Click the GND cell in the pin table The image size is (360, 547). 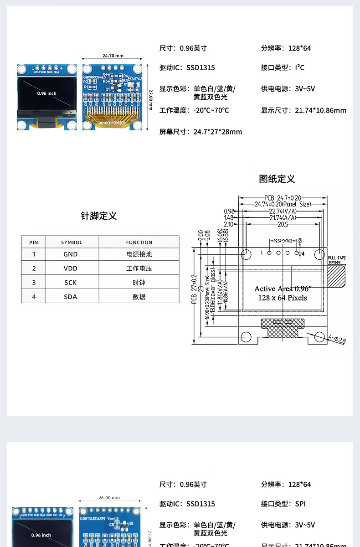pyautogui.click(x=70, y=254)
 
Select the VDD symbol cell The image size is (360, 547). pyautogui.click(x=70, y=268)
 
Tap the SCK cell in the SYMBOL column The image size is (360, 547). pyautogui.click(x=70, y=283)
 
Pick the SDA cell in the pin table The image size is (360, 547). pyautogui.click(x=70, y=297)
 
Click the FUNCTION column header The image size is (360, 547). pyautogui.click(x=139, y=243)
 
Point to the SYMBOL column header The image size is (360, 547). pyautogui.click(x=72, y=243)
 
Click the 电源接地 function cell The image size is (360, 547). pyautogui.click(x=139, y=254)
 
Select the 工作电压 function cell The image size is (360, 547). pyautogui.click(x=139, y=268)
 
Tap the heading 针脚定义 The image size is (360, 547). pyautogui.click(x=99, y=216)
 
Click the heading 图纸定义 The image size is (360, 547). pyautogui.click(x=277, y=179)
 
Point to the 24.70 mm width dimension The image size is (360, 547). pyautogui.click(x=113, y=56)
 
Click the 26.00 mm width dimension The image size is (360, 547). pyautogui.click(x=109, y=498)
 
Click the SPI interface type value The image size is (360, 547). pyautogui.click(x=300, y=504)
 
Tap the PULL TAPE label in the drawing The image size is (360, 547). pyautogui.click(x=337, y=258)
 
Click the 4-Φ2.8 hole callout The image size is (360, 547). pyautogui.click(x=337, y=339)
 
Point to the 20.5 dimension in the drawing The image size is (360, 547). pyautogui.click(x=283, y=224)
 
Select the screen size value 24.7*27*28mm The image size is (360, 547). pyautogui.click(x=218, y=132)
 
